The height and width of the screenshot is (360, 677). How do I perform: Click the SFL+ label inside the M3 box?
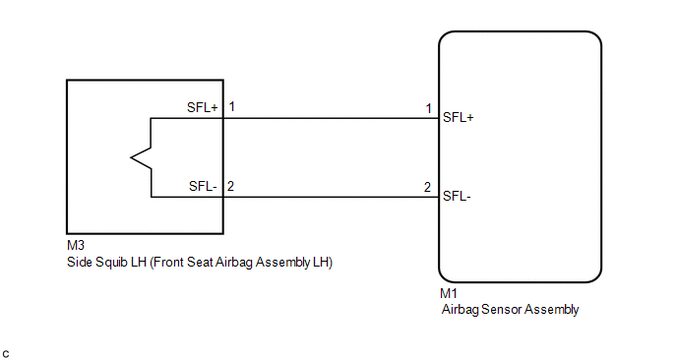click(203, 107)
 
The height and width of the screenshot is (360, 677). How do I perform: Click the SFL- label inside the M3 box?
click(203, 187)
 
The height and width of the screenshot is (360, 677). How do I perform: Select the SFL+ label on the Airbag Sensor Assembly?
click(459, 117)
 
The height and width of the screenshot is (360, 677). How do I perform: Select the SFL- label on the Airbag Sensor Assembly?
click(457, 197)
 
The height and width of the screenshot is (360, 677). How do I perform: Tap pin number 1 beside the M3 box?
click(232, 106)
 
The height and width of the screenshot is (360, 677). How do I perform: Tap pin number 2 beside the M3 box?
click(230, 187)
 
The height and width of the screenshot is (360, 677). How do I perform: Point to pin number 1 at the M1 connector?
click(428, 108)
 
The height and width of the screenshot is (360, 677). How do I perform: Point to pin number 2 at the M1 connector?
click(427, 187)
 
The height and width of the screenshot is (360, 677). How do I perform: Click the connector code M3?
click(76, 245)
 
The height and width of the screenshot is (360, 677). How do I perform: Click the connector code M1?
click(449, 293)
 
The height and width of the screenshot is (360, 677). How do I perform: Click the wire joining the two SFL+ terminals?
click(332, 118)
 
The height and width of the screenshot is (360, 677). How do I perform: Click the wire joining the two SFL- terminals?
click(332, 198)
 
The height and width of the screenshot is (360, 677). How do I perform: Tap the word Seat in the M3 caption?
click(201, 263)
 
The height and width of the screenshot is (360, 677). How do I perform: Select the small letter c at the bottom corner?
click(6, 354)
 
